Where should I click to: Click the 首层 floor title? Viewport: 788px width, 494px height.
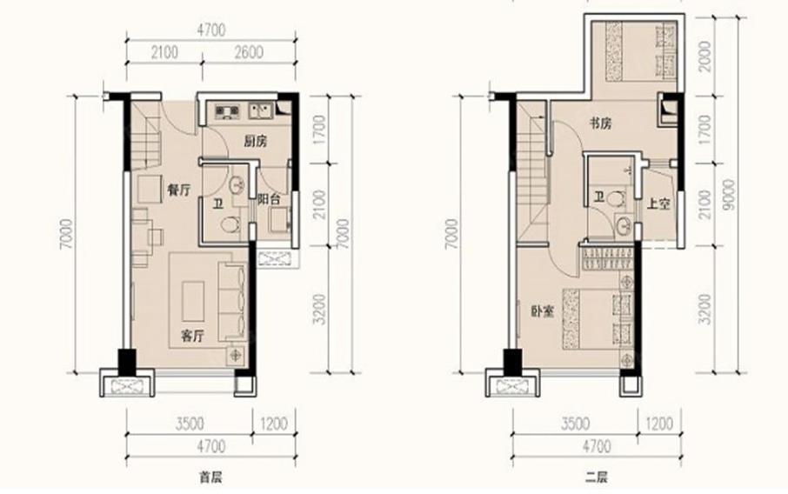210,477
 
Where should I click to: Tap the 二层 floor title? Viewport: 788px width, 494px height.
597,477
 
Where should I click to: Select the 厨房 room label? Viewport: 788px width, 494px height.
255,142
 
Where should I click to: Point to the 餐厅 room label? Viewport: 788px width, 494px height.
178,190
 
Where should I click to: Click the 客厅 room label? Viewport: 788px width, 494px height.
192,337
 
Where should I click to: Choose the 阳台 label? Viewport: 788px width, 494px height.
269,199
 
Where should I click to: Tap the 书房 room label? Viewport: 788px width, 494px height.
600,123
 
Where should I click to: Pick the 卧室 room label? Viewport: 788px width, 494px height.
542,311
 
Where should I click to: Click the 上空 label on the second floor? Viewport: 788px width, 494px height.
658,204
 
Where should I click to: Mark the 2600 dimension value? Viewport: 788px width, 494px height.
249,52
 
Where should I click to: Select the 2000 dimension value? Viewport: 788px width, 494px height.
705,57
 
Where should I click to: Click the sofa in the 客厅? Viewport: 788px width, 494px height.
231,302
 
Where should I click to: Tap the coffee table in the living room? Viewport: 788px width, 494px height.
193,302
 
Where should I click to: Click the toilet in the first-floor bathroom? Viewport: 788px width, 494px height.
230,224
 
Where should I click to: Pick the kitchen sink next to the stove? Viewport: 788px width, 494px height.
261,110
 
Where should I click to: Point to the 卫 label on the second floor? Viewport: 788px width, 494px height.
599,198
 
